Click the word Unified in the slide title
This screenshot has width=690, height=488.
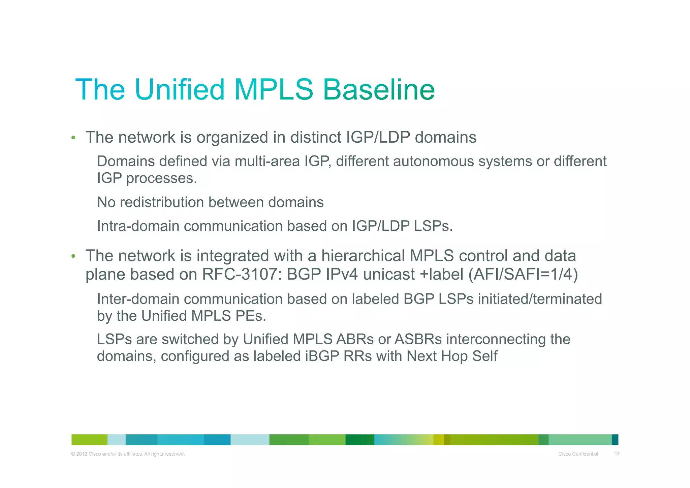tap(179, 90)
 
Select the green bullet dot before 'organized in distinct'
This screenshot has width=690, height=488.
tap(73, 138)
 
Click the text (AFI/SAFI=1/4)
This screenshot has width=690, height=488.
tap(523, 274)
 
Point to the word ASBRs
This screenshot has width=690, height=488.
tap(418, 339)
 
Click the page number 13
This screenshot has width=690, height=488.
tap(616, 454)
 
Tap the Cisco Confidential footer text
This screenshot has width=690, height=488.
tap(578, 454)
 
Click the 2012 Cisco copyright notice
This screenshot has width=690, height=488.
tap(128, 454)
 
